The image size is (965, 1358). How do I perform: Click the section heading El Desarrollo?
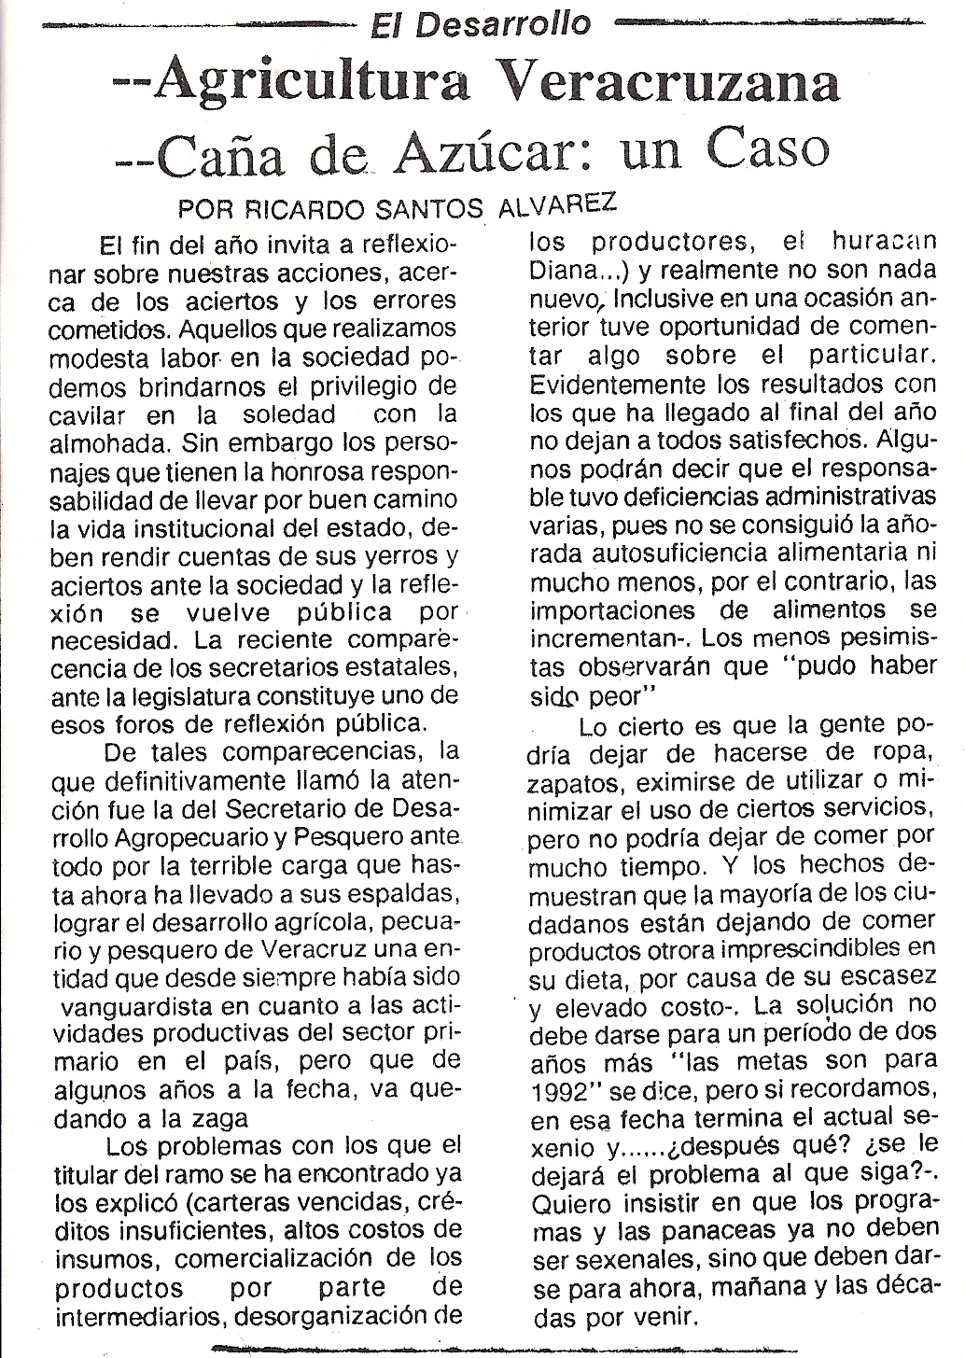pos(482,22)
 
